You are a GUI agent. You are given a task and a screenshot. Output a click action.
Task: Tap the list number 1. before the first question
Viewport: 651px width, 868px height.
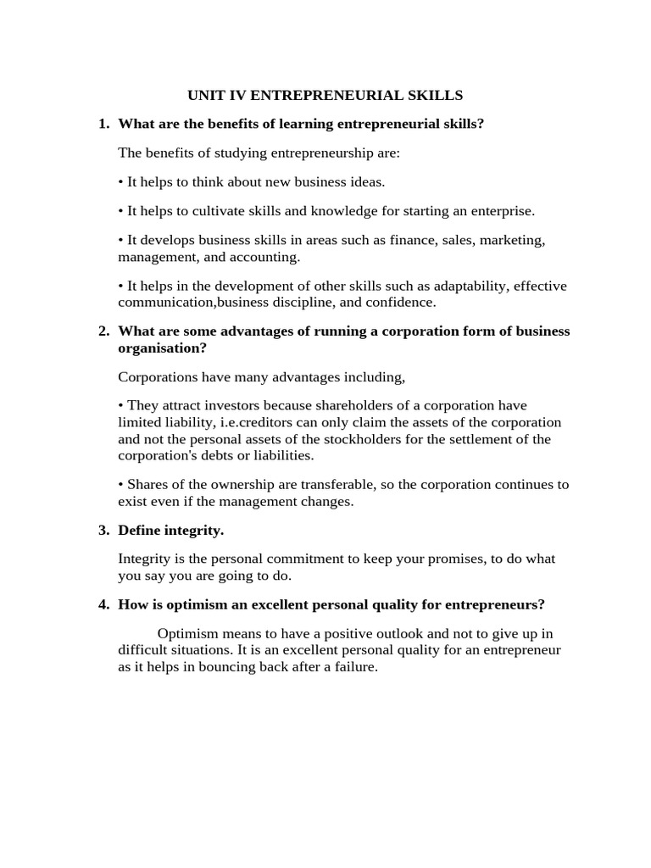(103, 124)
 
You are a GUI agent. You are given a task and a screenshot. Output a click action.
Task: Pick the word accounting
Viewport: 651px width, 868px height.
(265, 256)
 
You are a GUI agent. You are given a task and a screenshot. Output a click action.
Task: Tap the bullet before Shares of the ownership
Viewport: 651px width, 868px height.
(121, 484)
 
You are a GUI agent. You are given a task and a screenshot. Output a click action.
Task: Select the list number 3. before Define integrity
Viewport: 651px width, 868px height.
(103, 530)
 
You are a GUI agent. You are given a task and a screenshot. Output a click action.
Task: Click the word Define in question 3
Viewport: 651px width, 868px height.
(139, 530)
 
